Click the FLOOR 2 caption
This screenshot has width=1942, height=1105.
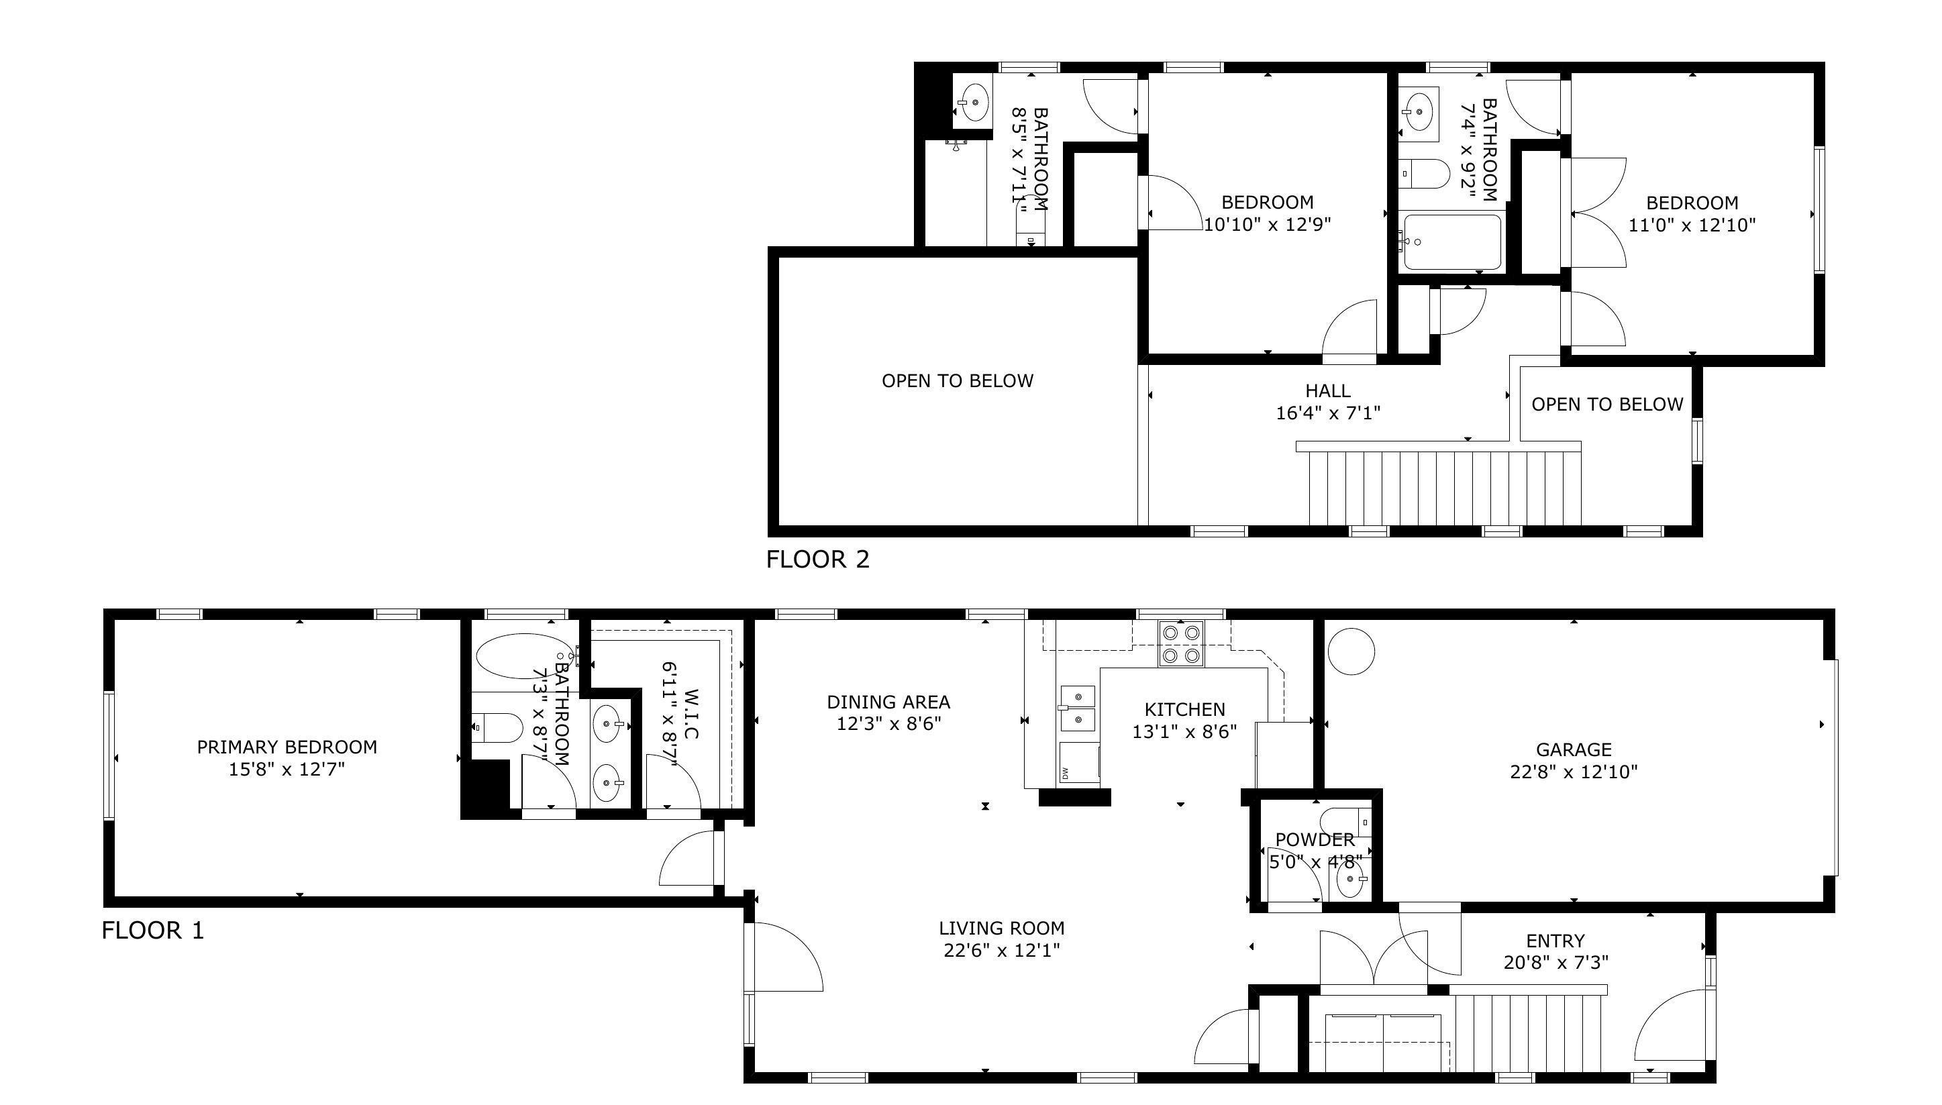tap(817, 560)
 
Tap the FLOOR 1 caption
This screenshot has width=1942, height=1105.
tap(152, 931)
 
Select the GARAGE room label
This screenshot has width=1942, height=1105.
tap(1573, 750)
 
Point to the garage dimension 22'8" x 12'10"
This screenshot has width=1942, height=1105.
tap(1573, 772)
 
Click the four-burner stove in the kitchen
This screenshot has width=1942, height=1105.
tap(1181, 643)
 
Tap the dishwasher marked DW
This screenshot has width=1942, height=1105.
tap(1079, 763)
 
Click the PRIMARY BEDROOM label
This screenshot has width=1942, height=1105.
tap(287, 747)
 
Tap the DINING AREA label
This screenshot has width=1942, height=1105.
tap(888, 702)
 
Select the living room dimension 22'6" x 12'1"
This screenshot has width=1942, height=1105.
tap(1002, 950)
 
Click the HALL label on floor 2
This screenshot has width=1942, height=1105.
tap(1328, 391)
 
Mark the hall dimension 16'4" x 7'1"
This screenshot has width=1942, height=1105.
tap(1328, 413)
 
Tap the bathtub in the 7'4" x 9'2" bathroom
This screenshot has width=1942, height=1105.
tap(1451, 243)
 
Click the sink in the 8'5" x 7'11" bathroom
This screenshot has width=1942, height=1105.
tap(974, 101)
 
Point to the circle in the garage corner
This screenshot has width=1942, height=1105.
tap(1351, 651)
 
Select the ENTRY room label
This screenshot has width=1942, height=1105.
tap(1555, 941)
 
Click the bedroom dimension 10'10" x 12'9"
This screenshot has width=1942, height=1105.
tap(1268, 225)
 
